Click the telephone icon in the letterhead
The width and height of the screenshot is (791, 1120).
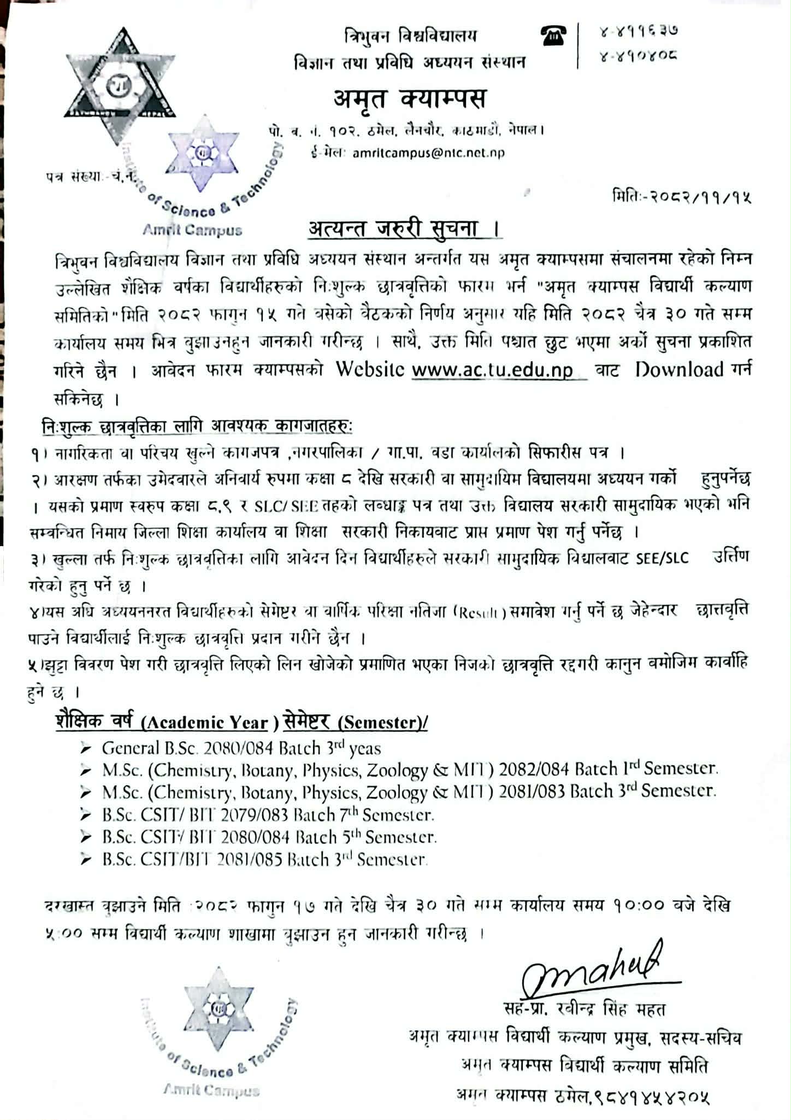tap(554, 37)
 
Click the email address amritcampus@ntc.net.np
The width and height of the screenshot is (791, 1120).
tap(428, 154)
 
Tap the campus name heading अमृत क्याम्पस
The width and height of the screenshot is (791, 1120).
tap(409, 99)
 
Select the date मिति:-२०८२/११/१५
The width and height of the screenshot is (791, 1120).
tap(682, 197)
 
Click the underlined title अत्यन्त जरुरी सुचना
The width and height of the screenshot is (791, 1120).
tap(399, 229)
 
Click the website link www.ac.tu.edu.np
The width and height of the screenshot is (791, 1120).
tap(492, 371)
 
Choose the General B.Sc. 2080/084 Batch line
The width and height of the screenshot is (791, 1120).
tap(241, 748)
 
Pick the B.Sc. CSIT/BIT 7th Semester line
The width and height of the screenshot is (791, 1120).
tap(268, 815)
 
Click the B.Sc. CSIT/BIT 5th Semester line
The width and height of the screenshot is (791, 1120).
tap(269, 837)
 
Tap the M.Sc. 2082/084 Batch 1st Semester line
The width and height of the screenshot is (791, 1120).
tap(410, 770)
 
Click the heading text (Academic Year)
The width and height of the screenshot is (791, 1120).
tap(205, 724)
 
